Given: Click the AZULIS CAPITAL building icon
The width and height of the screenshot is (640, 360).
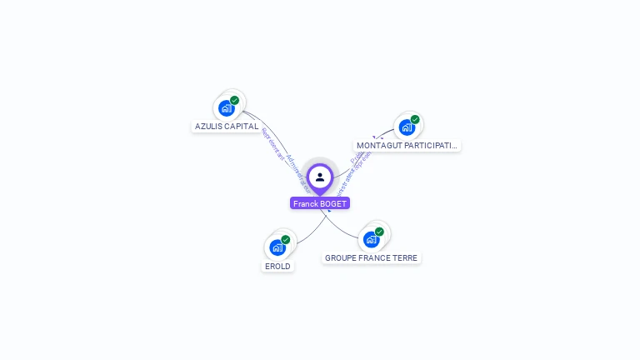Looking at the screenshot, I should pyautogui.click(x=226, y=107).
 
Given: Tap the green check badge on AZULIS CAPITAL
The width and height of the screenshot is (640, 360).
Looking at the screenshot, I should pyautogui.click(x=235, y=100).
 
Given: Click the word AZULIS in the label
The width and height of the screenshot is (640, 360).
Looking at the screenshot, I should pyautogui.click(x=208, y=127).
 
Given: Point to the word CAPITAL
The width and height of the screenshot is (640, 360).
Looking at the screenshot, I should pyautogui.click(x=242, y=127).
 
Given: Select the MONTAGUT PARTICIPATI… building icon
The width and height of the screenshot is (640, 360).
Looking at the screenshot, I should pyautogui.click(x=406, y=127).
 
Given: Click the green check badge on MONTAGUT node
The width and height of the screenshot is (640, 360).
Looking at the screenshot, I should pyautogui.click(x=415, y=119).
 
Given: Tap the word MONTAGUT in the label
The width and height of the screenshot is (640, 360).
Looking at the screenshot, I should pyautogui.click(x=380, y=146).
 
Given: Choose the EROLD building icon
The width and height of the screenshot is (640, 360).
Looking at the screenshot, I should pyautogui.click(x=277, y=247).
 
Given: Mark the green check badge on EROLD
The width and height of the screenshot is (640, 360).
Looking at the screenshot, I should pyautogui.click(x=286, y=240).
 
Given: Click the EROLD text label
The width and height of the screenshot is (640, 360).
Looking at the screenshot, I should pyautogui.click(x=277, y=267).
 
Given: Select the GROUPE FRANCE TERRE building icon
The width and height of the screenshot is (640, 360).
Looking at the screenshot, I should pyautogui.click(x=371, y=239).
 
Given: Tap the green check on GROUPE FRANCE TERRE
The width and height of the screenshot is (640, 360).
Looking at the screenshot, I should pyautogui.click(x=380, y=232).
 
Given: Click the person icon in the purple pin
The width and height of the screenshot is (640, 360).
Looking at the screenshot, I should pyautogui.click(x=320, y=177).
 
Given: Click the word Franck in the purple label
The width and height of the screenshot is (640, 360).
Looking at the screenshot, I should pyautogui.click(x=307, y=203).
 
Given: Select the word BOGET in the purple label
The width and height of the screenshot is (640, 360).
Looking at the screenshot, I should pyautogui.click(x=333, y=203).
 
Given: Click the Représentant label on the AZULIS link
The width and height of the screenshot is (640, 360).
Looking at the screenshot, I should pyautogui.click(x=272, y=143).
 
